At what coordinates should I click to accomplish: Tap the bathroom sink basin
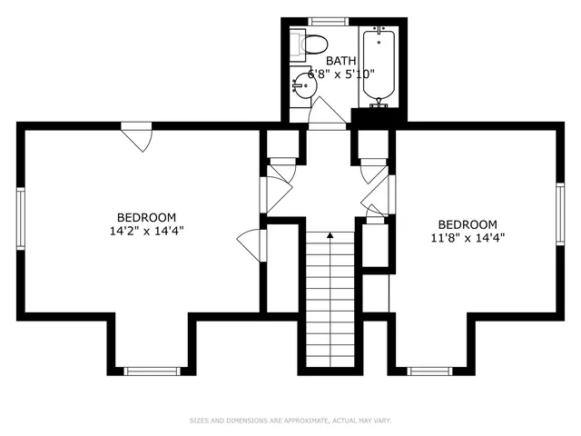[x=302, y=87]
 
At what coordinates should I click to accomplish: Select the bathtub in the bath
[x=376, y=64]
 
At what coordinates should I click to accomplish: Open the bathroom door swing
[x=327, y=114]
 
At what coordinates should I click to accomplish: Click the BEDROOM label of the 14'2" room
[x=146, y=217]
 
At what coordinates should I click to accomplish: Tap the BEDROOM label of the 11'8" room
[x=468, y=224]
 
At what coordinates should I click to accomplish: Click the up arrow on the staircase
[x=330, y=235]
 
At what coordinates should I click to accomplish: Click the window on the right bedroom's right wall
[x=560, y=217]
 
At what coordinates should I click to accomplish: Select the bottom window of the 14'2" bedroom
[x=153, y=371]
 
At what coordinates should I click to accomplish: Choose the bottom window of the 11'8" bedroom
[x=429, y=371]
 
